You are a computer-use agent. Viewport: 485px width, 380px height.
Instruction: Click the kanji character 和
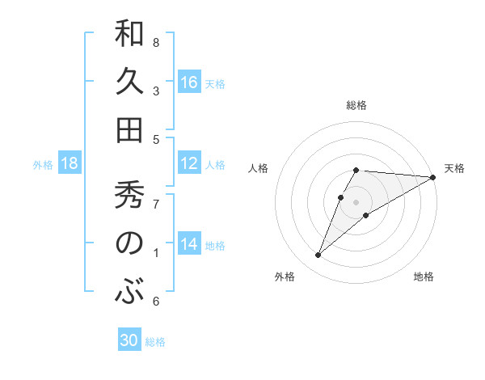coord(129,35)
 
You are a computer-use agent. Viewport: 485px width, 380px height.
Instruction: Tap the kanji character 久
coord(129,82)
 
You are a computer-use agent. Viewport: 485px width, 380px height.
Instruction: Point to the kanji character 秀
coord(129,196)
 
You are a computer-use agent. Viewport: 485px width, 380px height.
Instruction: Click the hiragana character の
coord(129,243)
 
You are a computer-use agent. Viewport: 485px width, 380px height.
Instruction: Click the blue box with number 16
coord(189,82)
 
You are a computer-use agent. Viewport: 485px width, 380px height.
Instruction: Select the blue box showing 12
coord(189,164)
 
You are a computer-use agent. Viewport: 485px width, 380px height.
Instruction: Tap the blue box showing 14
coord(189,245)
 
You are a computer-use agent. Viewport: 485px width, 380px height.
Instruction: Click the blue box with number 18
coord(70,164)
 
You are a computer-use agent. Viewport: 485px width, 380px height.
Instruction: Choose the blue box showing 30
coord(129,340)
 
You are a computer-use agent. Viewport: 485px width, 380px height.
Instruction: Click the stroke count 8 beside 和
coord(156,42)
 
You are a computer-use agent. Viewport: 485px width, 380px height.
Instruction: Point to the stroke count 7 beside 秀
coord(156,204)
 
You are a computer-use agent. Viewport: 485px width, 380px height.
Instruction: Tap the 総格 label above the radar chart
coord(356,105)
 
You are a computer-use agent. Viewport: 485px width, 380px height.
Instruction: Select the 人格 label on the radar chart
coord(259,168)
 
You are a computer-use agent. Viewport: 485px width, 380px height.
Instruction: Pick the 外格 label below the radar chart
coord(285,277)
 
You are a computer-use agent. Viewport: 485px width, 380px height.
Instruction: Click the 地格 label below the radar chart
coord(424,277)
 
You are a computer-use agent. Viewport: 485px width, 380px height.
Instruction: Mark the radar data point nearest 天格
coord(434,177)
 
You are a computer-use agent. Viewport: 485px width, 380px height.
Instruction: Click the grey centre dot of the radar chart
coord(356,201)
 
